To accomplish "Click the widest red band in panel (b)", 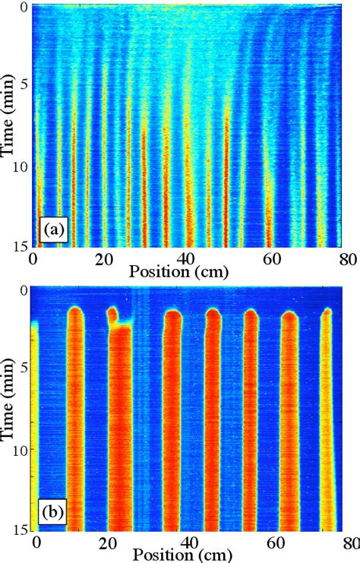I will tap(121, 433).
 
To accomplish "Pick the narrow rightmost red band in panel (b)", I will tap(328, 425).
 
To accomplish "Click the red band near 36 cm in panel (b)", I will tap(173, 425).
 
